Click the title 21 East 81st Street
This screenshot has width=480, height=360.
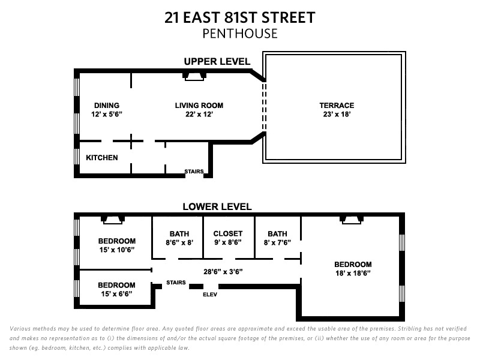point(240,17)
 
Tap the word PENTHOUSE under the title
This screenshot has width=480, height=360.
point(240,34)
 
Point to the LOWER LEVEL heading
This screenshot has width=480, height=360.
point(217,207)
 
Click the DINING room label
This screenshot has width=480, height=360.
point(107,106)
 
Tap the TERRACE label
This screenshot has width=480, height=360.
point(337,106)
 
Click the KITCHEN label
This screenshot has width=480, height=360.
point(102,158)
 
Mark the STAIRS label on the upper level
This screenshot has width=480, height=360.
point(194,172)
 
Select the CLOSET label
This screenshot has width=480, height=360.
point(228,233)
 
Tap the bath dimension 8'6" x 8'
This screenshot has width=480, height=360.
point(179,244)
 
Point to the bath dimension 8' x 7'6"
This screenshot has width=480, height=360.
point(278,244)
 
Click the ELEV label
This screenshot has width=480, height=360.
point(210,295)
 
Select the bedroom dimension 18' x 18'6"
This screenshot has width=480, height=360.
point(353,273)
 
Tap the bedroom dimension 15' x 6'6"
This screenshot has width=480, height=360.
point(116,294)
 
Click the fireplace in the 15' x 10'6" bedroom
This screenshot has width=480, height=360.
point(112,219)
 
